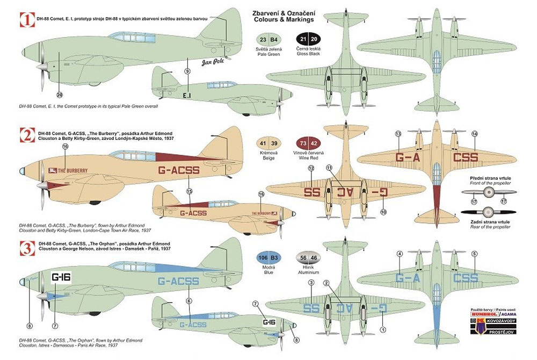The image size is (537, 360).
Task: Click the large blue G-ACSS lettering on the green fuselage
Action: [180, 282]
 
